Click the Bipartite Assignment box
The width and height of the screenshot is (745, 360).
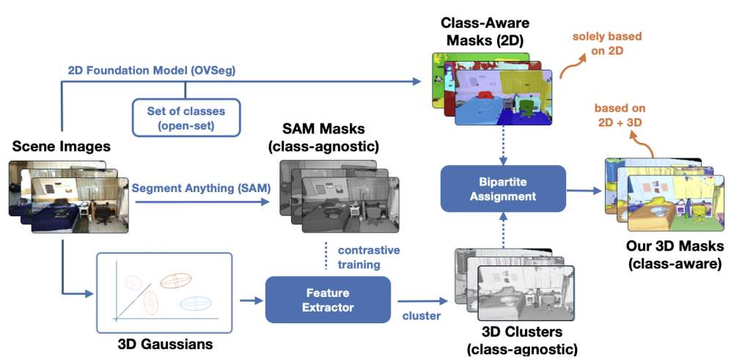(503, 188)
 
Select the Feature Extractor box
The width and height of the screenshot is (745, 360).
(328, 300)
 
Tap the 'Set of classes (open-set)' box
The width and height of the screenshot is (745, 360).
(186, 117)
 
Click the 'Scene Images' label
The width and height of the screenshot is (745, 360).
(61, 147)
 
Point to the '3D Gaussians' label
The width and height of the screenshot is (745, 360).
(164, 342)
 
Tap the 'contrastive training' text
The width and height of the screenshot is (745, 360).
(370, 257)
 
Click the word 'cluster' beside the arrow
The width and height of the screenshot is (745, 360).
(422, 315)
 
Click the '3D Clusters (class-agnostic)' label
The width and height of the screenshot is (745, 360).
(521, 342)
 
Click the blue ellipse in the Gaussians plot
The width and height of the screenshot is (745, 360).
(197, 302)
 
